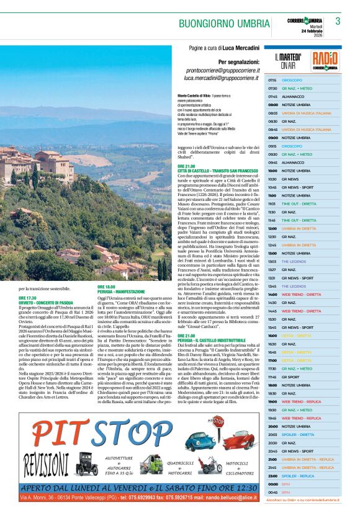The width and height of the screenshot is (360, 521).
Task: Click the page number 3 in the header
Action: pyautogui.click(x=338, y=21)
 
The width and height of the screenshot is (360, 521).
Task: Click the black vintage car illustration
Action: pyautogui.click(x=87, y=462)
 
